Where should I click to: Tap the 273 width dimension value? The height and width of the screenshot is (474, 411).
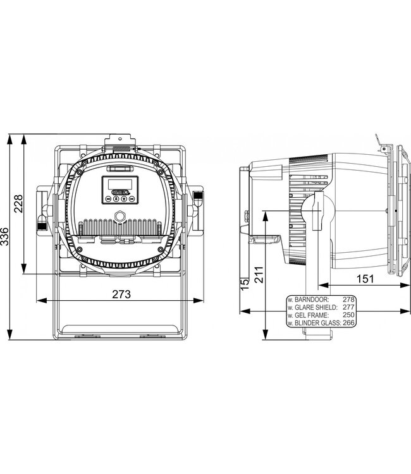tap(121, 293)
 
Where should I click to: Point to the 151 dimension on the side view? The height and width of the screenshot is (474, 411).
tap(363, 278)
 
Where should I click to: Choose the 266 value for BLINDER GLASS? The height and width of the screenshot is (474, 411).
tap(348, 322)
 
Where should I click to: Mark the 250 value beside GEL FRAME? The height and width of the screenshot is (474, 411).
tap(348, 314)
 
